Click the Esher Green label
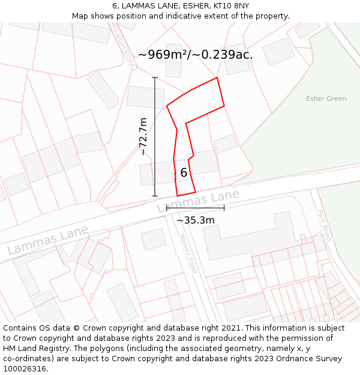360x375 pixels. tap(326, 98)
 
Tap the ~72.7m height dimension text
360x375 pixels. tap(143, 136)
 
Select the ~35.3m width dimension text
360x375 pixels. tap(196, 220)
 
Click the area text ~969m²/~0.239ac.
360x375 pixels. tap(196, 55)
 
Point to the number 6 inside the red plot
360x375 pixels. tap(184, 173)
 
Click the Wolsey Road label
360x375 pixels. tap(188, 253)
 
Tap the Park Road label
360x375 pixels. tap(323, 225)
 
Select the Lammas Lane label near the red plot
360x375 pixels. tap(199, 201)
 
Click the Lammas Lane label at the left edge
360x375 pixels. tap(48, 239)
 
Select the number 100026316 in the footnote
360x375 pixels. tap(25, 369)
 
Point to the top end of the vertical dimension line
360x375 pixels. tap(155, 78)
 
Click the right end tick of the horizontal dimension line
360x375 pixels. tap(224, 208)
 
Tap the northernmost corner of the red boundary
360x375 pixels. tap(217, 77)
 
